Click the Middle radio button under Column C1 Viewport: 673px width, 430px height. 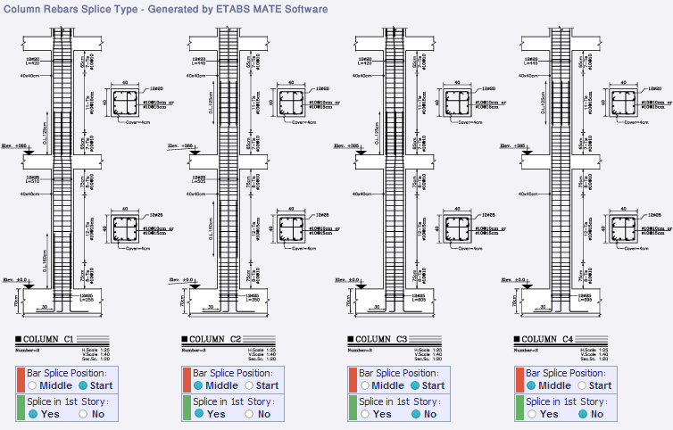pos(31,385)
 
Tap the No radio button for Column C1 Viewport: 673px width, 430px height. pos(84,414)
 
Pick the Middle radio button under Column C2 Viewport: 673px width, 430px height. pos(197,385)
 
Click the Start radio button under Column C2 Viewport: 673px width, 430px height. pos(248,385)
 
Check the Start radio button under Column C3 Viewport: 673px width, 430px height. pos(415,385)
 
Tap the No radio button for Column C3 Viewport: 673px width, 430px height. pos(418,414)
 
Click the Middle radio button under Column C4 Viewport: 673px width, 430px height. pos(531,385)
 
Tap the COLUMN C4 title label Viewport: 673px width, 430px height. pos(548,339)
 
